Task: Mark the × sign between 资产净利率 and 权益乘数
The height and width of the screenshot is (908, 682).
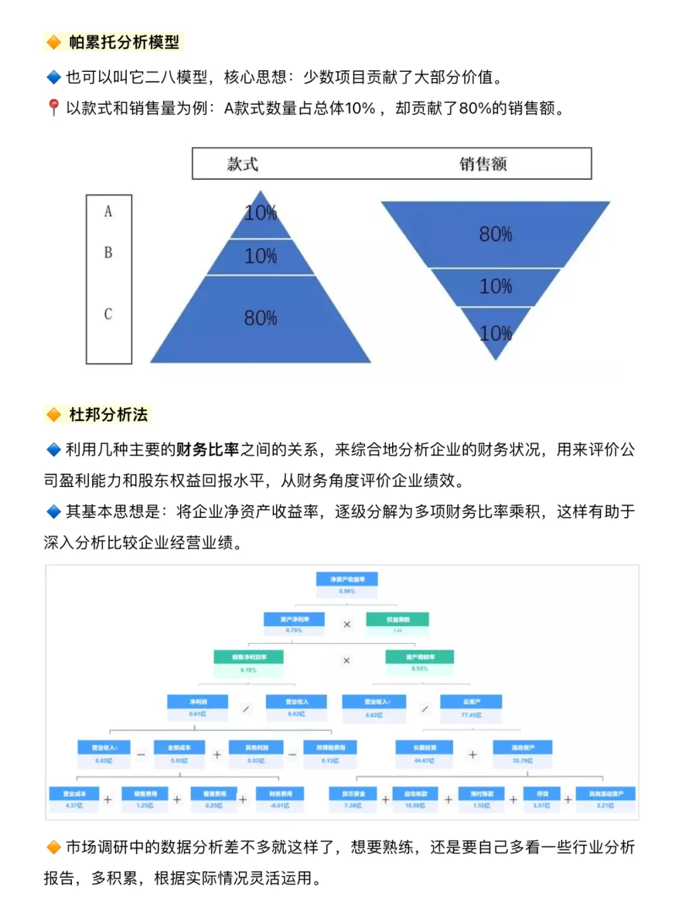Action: tap(347, 624)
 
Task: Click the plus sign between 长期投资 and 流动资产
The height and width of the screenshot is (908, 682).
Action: tap(472, 755)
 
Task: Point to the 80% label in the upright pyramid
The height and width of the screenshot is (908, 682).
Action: tap(261, 318)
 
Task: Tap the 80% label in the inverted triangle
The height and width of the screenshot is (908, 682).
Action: tap(495, 235)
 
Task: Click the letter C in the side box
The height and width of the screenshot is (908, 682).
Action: tap(109, 314)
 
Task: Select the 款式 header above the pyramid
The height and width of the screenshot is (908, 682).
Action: tap(242, 164)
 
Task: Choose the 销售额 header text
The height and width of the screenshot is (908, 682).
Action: tap(483, 164)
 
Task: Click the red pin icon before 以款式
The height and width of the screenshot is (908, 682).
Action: tap(54, 108)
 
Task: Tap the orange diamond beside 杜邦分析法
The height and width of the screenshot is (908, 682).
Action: tap(54, 415)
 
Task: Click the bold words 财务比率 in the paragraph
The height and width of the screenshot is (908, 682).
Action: tap(207, 449)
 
